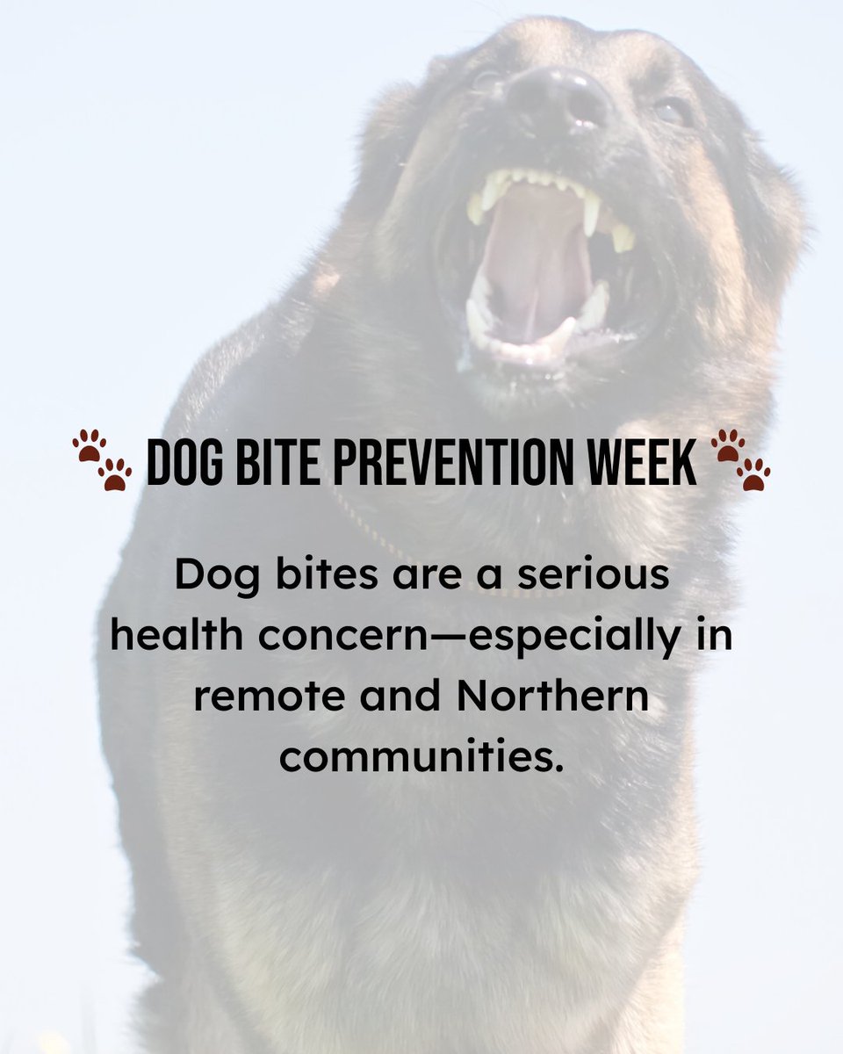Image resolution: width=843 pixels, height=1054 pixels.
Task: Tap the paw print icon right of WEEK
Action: click(x=739, y=458)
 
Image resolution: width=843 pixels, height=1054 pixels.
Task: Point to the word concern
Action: click(x=356, y=636)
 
